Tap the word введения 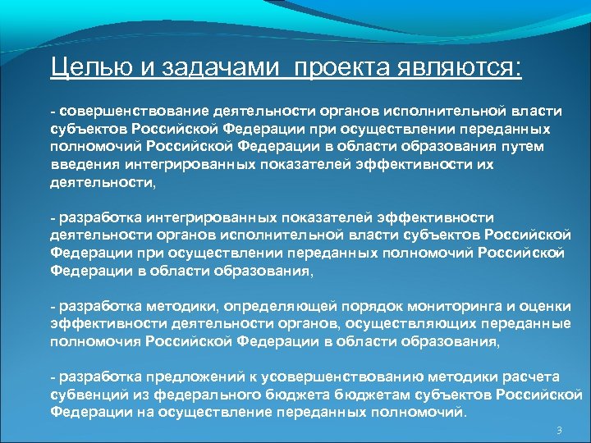click(80, 163)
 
